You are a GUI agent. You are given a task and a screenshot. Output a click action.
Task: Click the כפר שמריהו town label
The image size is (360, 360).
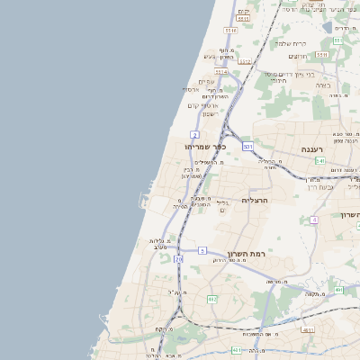click(205, 146)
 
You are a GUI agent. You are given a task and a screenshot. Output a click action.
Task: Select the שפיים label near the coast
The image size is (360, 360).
click(205, 81)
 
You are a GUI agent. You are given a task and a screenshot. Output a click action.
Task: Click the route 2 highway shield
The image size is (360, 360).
click(195, 134)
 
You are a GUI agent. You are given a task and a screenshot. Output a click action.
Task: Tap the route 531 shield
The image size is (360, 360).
click(248, 146)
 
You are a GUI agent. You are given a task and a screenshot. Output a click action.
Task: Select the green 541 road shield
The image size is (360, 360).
click(320, 161)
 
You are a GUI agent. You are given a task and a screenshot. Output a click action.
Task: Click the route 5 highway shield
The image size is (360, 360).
click(203, 249)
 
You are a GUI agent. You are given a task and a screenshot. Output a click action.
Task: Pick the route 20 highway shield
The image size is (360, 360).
click(178, 259)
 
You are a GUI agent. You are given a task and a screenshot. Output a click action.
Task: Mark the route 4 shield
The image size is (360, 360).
click(314, 220)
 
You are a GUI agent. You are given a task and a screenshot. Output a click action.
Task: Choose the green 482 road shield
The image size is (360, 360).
click(212, 299)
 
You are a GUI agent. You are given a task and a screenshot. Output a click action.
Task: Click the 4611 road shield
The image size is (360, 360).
click(308, 330)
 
